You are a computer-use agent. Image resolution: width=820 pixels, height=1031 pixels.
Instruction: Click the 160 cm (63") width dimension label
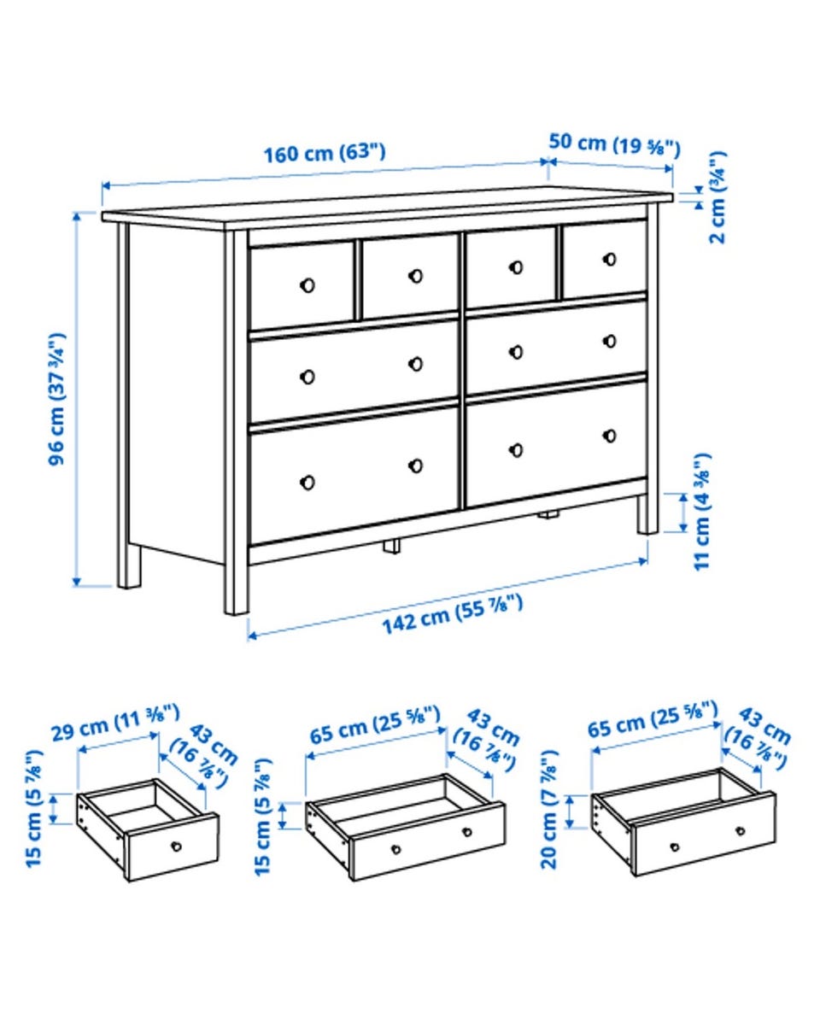click(x=325, y=153)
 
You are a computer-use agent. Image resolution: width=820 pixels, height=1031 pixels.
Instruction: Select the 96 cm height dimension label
click(x=57, y=399)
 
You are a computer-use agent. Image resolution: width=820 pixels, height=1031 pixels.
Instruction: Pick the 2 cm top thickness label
click(x=717, y=197)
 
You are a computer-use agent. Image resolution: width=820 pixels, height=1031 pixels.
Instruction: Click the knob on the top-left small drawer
click(x=307, y=285)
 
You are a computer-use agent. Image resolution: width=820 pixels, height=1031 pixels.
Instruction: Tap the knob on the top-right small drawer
click(x=610, y=259)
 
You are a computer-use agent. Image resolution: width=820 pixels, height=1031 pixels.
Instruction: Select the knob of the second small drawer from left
click(x=415, y=276)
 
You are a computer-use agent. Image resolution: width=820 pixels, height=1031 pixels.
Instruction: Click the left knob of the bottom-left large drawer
click(x=307, y=483)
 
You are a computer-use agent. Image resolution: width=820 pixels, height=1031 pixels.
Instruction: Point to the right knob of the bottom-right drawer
click(x=610, y=436)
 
